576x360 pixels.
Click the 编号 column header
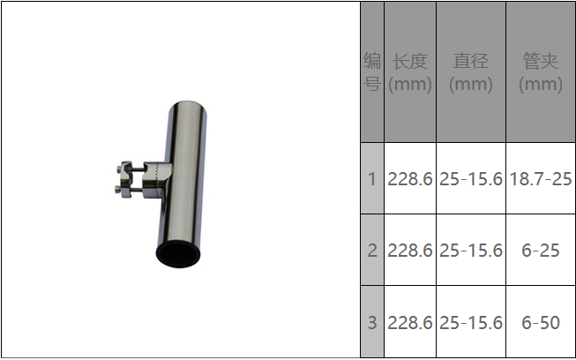pos(371,72)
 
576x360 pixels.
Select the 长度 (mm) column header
pos(410,72)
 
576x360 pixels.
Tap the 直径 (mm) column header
pos(471,72)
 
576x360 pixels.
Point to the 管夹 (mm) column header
pos(541,72)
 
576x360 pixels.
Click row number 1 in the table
pos(372,179)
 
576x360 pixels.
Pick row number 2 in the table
pos(372,251)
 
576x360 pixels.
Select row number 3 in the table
pos(372,322)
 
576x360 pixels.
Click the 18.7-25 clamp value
pos(541,179)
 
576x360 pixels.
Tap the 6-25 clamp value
pos(541,251)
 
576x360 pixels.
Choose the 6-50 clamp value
pos(541,322)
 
